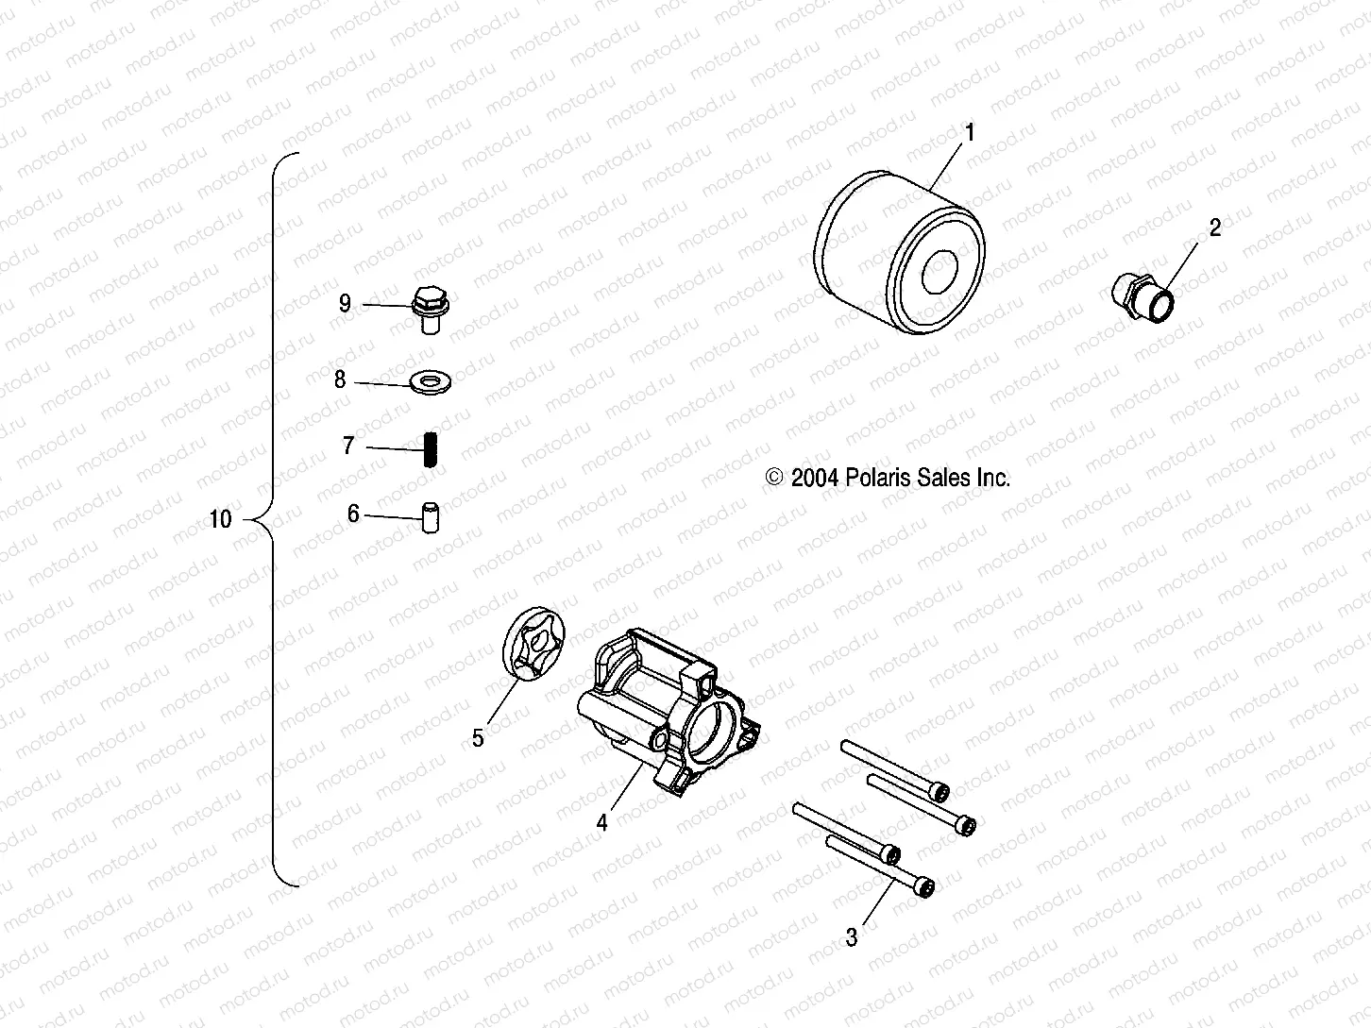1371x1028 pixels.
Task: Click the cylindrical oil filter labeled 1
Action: click(x=897, y=260)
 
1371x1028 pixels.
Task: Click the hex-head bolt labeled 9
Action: click(x=431, y=307)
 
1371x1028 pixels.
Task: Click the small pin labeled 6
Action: click(x=431, y=519)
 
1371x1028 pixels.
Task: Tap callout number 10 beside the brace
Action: click(x=220, y=520)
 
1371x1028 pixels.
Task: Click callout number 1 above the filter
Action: click(x=968, y=132)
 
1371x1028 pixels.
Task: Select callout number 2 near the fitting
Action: click(x=1215, y=227)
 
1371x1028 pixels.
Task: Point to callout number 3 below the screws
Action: click(x=852, y=937)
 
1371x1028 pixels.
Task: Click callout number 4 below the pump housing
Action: click(x=601, y=822)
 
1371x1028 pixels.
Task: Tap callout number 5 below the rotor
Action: click(x=478, y=738)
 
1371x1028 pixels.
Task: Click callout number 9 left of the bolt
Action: click(x=345, y=303)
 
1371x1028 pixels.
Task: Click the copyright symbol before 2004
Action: click(x=775, y=478)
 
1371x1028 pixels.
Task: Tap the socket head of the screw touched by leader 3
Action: click(x=926, y=887)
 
